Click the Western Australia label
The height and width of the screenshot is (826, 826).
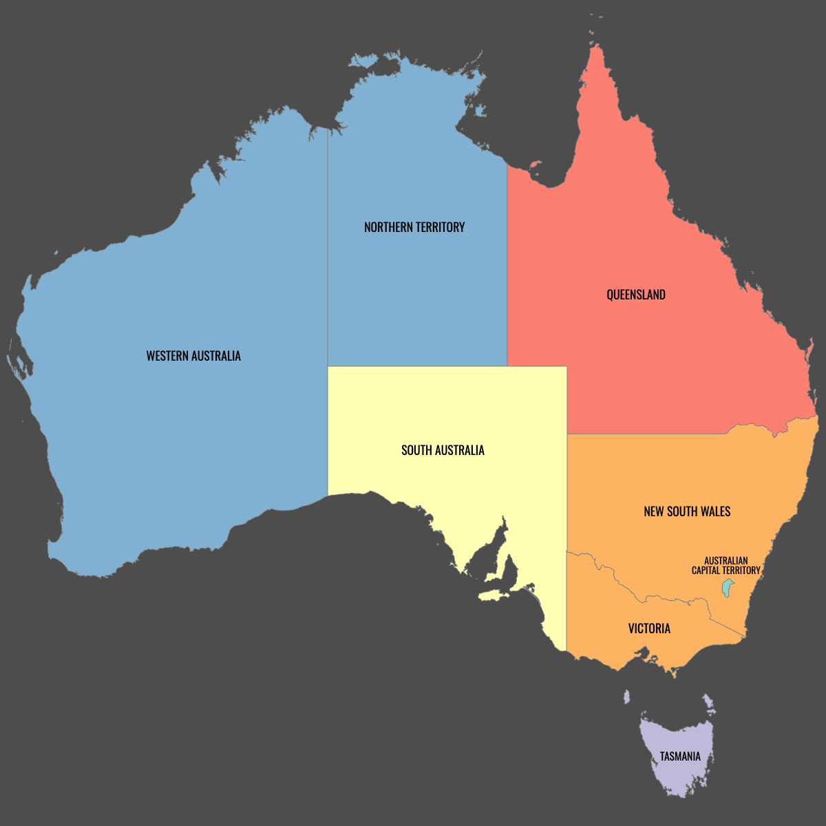click(x=193, y=356)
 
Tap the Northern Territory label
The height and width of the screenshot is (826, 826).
click(x=414, y=227)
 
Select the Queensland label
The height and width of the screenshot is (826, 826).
click(x=636, y=295)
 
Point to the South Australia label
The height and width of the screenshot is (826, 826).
click(x=443, y=450)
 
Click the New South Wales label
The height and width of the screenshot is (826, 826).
click(x=687, y=511)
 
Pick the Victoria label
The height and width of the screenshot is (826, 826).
click(x=649, y=628)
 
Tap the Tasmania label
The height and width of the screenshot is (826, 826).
click(x=680, y=756)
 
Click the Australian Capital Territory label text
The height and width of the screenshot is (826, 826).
click(x=726, y=565)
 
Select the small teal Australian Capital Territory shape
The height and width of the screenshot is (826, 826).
click(x=727, y=588)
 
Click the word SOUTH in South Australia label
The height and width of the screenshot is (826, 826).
click(x=416, y=450)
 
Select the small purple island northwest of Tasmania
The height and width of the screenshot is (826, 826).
click(x=626, y=697)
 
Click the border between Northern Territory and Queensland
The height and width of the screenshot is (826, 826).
click(x=507, y=275)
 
